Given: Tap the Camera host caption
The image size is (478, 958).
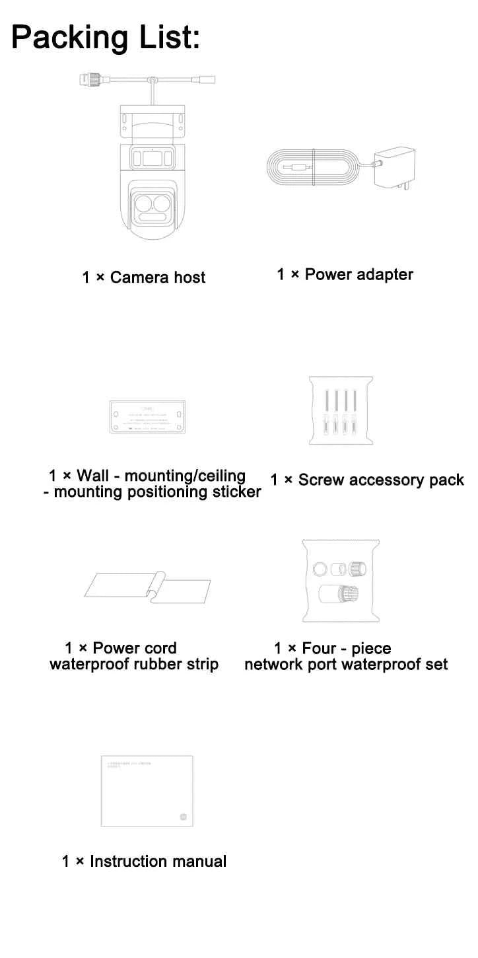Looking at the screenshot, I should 144,277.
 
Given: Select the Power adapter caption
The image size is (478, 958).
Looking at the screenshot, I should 345,274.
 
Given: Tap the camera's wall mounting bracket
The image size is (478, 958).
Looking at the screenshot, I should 152,123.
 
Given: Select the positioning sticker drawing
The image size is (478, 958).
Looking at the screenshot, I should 147,418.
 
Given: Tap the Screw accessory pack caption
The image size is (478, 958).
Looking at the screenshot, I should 367,480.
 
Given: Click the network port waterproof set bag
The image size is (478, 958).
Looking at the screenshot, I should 341,581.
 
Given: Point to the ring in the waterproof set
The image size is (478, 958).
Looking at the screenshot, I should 320,569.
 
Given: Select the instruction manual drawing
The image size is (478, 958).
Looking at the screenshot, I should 147,791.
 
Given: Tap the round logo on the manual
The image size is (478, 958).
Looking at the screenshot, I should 184,817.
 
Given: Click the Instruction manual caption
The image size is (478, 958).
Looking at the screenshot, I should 144,862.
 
